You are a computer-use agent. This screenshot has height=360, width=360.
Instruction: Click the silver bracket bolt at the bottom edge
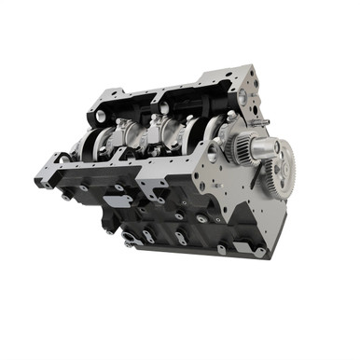click(131, 242)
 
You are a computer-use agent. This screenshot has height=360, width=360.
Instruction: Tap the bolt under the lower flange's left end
click(65, 197)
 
